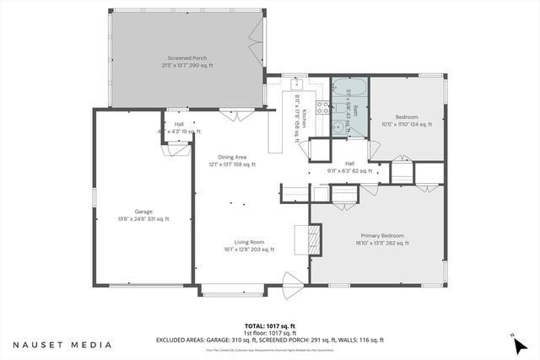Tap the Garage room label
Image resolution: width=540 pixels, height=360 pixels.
pyautogui.click(x=143, y=212)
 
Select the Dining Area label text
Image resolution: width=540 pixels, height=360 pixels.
pyautogui.click(x=232, y=157)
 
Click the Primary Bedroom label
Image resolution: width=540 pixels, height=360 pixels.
pyautogui.click(x=381, y=235)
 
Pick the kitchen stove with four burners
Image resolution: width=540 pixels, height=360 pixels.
pyautogui.click(x=322, y=107)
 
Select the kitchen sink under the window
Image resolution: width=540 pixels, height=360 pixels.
pyautogui.click(x=297, y=84)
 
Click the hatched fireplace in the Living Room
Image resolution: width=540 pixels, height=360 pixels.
pyautogui.click(x=313, y=239)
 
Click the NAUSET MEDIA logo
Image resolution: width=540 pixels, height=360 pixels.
pyautogui.click(x=62, y=344)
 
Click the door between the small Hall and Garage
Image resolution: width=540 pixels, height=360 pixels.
pyautogui.click(x=177, y=148)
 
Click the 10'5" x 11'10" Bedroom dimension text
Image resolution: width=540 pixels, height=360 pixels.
pyautogui.click(x=408, y=124)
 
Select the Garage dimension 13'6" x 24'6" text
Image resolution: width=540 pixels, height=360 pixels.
pyautogui.click(x=143, y=219)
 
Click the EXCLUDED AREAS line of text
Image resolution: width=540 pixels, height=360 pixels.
pyautogui.click(x=269, y=340)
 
